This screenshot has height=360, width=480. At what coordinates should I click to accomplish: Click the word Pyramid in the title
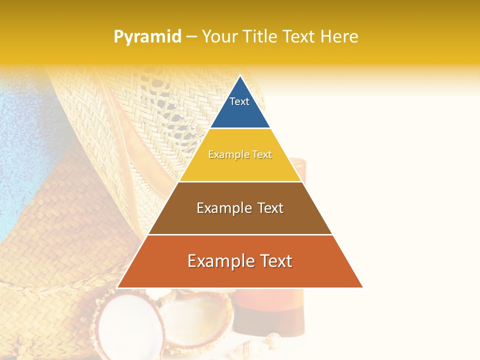pos(147,36)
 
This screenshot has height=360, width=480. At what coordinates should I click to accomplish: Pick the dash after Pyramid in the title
pos(191,37)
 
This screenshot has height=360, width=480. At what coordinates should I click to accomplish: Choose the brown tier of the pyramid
pos(240,220)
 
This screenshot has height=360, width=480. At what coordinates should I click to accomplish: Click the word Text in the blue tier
pos(239,101)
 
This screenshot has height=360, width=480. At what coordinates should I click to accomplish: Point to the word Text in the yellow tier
pos(262,155)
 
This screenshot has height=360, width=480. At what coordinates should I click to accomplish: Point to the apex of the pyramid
pos(240,76)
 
